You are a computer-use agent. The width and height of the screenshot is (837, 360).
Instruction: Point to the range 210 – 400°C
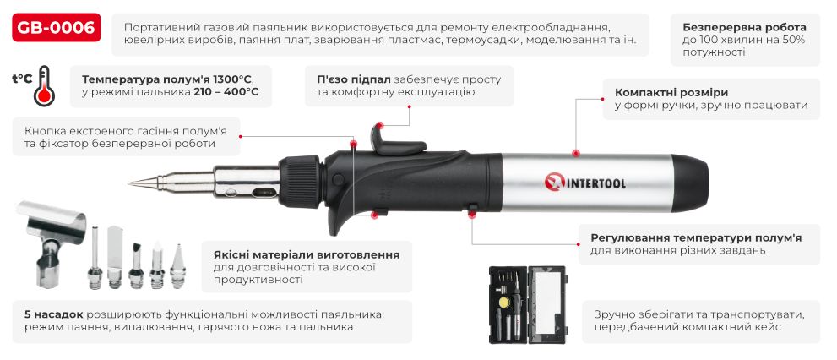[x=221, y=92]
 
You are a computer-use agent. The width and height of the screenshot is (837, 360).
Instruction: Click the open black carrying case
[x=528, y=304]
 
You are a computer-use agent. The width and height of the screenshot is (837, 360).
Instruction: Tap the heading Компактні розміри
[x=671, y=92]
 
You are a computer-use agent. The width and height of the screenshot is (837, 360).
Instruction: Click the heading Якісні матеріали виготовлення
[x=301, y=254]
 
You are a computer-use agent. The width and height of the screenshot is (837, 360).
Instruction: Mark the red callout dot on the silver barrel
[x=575, y=153]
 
